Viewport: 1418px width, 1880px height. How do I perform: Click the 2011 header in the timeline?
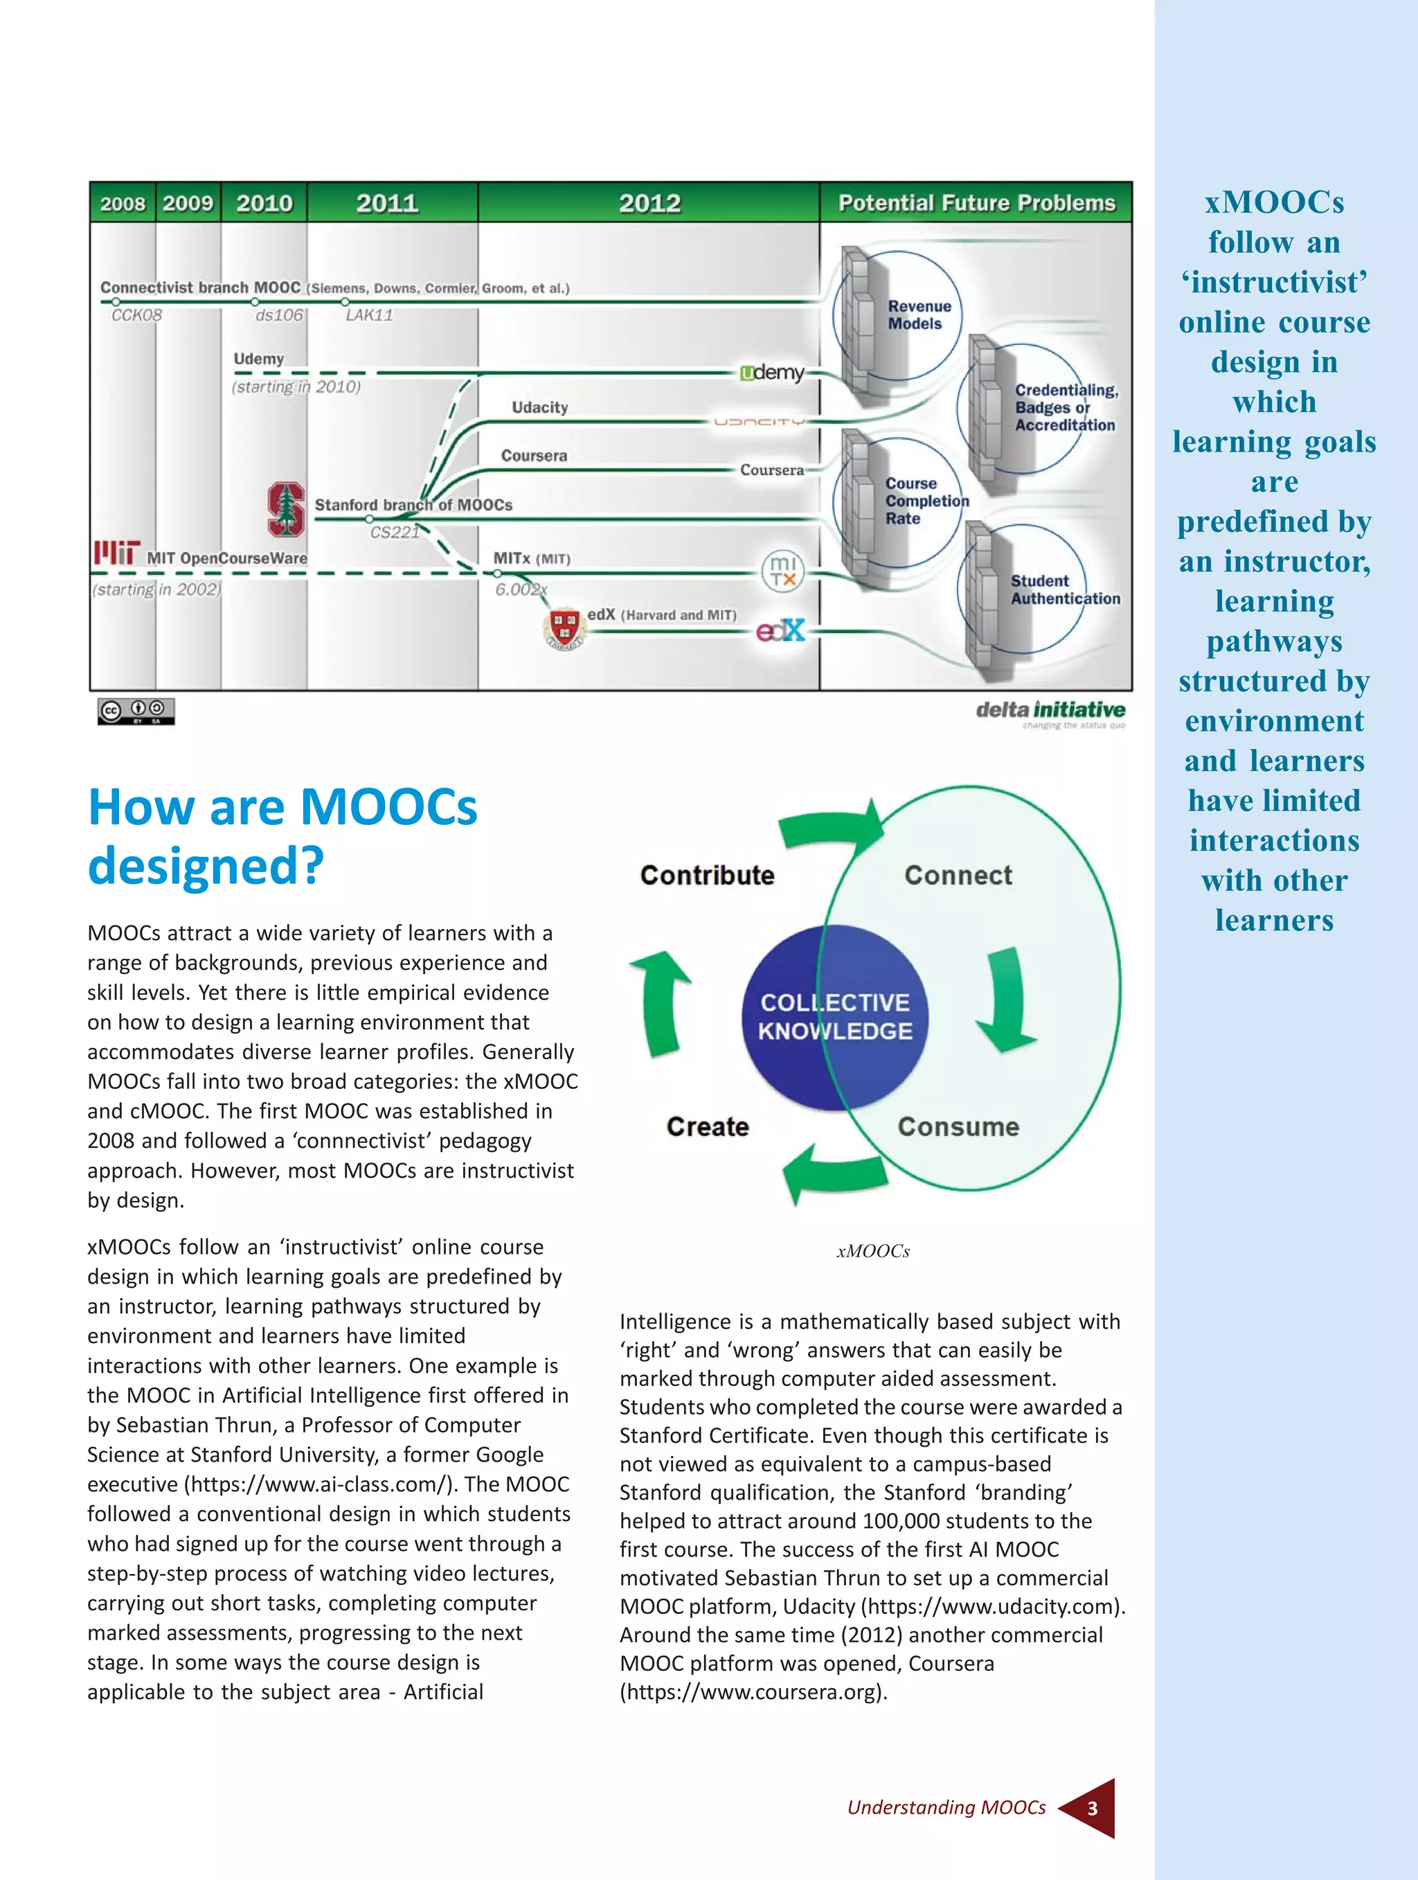388,203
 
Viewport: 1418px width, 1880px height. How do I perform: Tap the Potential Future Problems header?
976,203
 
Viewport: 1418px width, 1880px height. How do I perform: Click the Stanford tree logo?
287,509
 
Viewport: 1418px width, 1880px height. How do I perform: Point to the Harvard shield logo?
564,629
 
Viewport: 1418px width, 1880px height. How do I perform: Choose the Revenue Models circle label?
919,314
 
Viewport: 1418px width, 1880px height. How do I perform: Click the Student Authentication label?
1065,589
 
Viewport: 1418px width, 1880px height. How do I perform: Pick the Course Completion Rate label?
926,501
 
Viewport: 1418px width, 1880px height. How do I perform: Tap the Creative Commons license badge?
136,711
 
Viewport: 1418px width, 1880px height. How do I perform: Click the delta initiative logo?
1050,711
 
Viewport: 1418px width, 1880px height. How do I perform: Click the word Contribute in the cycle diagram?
707,876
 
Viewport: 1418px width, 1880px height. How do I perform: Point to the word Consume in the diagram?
958,1126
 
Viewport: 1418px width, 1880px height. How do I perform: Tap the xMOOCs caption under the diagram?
872,1251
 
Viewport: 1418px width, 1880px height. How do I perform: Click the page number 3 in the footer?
1092,1808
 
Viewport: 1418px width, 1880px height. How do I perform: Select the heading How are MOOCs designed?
283,835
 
